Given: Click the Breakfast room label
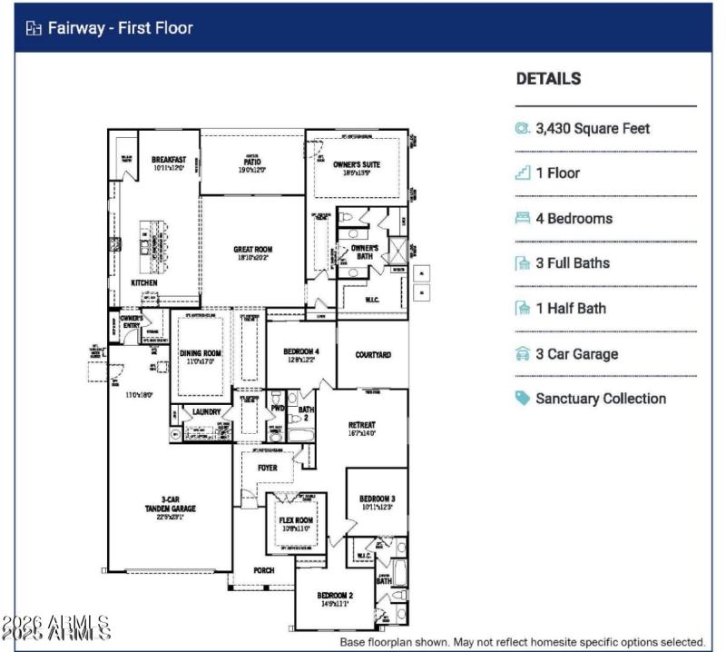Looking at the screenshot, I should coord(169,160).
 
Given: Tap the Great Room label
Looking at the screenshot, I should coord(252,250).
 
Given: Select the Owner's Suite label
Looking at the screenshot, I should coord(356,165).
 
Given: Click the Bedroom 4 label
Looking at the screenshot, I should coord(300,351).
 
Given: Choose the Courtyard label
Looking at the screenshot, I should coord(373,355).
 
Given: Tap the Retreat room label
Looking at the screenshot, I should coord(361,424).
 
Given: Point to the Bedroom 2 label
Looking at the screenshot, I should coord(334,596).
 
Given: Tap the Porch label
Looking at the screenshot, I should coord(263,570).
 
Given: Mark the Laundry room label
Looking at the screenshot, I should coord(206,411).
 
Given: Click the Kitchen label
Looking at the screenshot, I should coord(143,282).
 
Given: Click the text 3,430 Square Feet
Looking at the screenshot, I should coord(593,128).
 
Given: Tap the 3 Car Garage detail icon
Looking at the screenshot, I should coord(523,353).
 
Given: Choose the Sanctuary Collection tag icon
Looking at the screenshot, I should coord(523,398).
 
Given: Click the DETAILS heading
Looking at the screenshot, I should coord(548,79).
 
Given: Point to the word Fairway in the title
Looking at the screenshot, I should coord(77,28).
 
